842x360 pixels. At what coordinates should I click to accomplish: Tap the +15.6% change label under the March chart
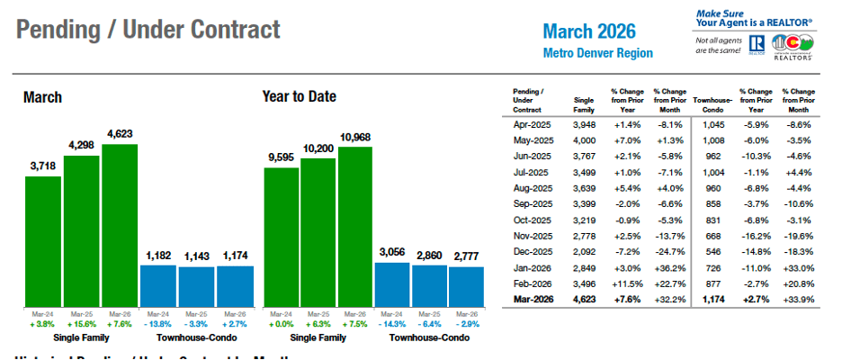(81, 322)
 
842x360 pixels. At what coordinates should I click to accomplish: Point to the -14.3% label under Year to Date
(391, 322)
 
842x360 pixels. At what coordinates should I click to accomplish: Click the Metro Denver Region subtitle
(597, 53)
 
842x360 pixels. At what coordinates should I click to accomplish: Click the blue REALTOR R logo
(755, 44)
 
